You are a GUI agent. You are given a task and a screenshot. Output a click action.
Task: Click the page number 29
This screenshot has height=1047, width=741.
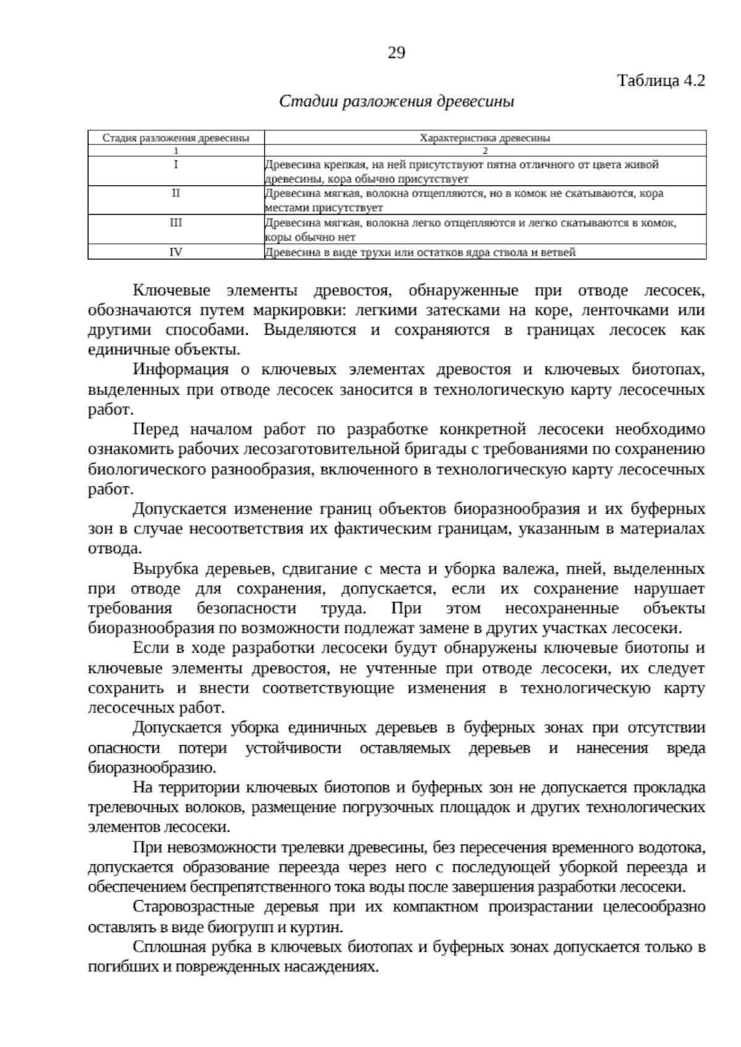(396, 53)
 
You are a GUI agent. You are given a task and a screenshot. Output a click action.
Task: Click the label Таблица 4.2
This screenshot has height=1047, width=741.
(661, 81)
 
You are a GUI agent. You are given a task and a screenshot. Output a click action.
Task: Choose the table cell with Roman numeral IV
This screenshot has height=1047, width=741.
(176, 251)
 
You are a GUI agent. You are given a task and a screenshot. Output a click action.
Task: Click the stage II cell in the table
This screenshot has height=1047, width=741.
(176, 193)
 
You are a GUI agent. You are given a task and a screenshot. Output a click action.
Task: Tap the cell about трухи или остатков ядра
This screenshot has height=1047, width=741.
(420, 252)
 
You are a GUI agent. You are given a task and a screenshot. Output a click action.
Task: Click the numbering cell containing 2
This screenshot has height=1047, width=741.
(485, 150)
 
